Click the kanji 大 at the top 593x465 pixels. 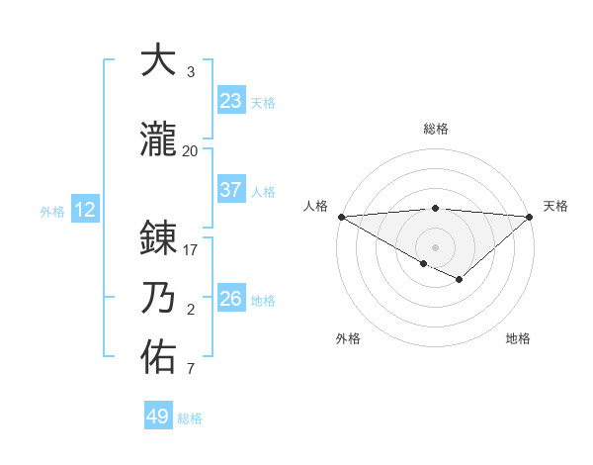pos(158,60)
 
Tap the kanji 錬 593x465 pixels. pos(158,238)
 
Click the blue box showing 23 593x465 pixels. pos(230,101)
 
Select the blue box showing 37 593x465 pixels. pos(230,190)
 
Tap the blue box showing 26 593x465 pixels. pos(230,299)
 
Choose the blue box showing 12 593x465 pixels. pos(84,209)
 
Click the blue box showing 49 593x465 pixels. pos(157,417)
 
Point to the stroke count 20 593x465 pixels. pos(191,150)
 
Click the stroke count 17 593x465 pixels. pos(191,250)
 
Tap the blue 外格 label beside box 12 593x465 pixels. pos(52,210)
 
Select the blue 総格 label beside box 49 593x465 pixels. pos(190,418)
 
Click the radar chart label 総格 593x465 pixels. pos(435,129)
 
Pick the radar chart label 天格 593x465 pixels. pos(555,206)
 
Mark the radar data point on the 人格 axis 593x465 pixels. pos(341,217)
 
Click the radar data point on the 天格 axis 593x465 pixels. pos(530,217)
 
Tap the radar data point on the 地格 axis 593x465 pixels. pos(460,280)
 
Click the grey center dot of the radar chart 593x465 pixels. pos(435,246)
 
